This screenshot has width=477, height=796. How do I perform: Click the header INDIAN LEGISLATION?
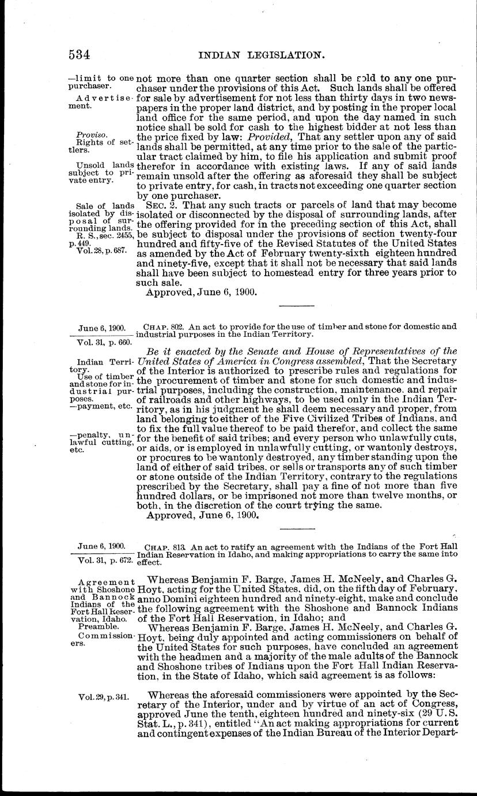point(259,55)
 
